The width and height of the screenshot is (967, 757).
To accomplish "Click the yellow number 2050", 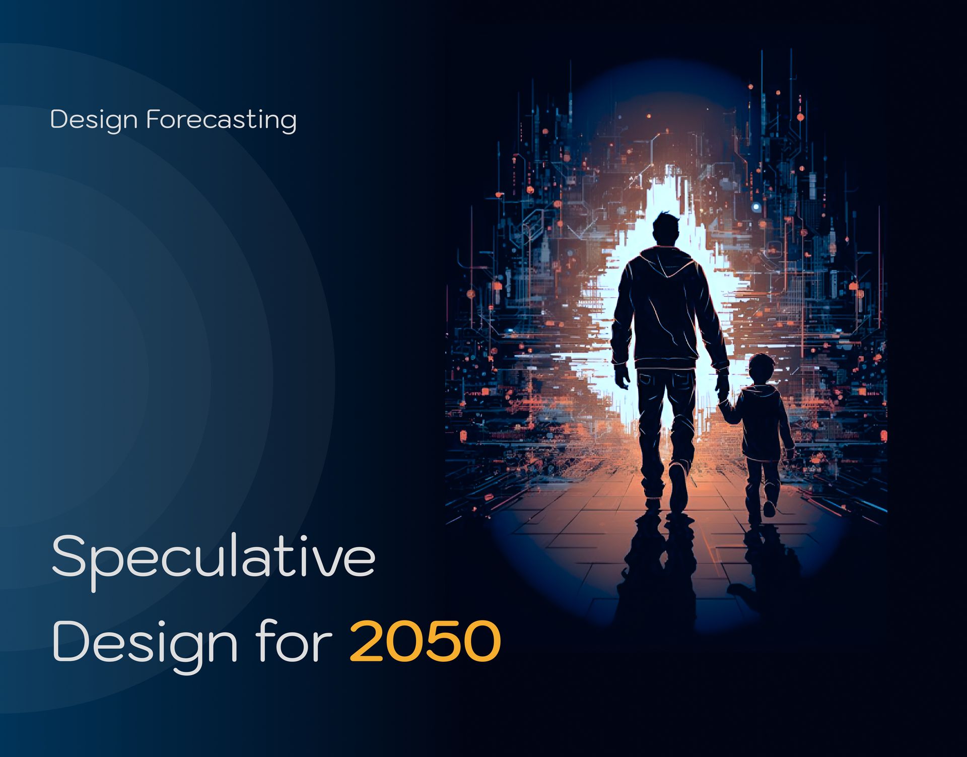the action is click(x=425, y=641).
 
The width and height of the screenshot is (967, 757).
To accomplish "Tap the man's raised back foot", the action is click(x=678, y=486).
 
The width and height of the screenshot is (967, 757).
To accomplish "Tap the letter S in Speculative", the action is click(x=70, y=556).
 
